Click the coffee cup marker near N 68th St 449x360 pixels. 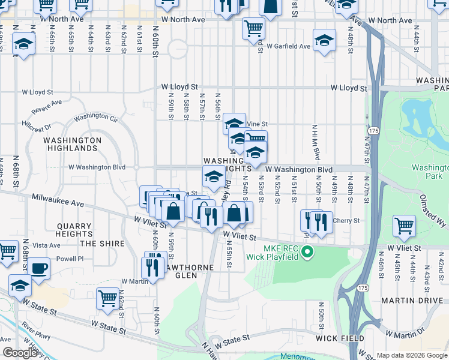coord(39,268)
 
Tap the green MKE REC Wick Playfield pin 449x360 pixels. coord(308,251)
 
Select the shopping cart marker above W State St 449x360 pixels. coord(107,298)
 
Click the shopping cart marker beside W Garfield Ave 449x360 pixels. coord(253,28)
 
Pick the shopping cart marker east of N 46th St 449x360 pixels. coord(404,226)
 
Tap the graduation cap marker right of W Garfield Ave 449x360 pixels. coord(324,40)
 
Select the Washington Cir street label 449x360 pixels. coord(96,116)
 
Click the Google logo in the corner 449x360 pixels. coord(19,353)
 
